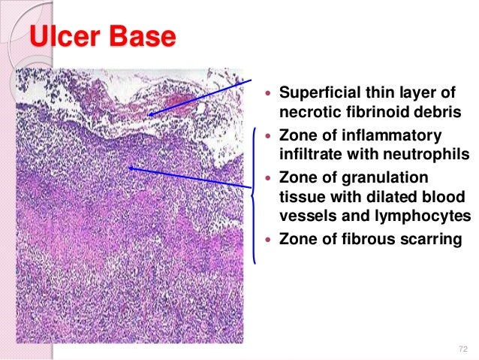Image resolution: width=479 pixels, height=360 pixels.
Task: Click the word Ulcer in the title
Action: [x=67, y=37]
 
